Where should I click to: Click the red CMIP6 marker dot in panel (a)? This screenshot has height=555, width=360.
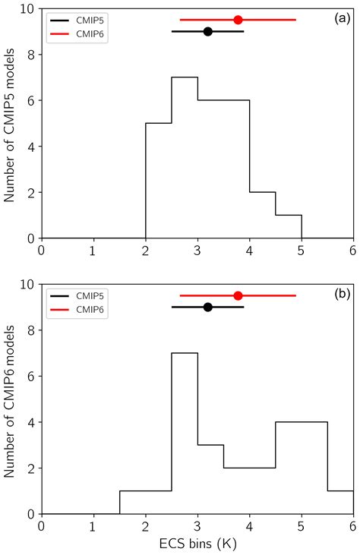coord(238,20)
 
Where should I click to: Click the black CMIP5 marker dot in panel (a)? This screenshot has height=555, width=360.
coord(207,31)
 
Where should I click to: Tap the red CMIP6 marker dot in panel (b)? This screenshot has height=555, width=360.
coord(238,295)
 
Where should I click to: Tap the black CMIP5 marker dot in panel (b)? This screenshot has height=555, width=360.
coord(207,307)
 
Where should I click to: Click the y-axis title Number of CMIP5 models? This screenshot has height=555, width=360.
coord(11,123)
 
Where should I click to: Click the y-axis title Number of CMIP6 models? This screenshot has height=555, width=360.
coord(11,399)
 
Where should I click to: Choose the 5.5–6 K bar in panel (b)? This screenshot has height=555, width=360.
coord(340,502)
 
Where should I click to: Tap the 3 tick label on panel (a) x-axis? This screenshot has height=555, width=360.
coord(197,251)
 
